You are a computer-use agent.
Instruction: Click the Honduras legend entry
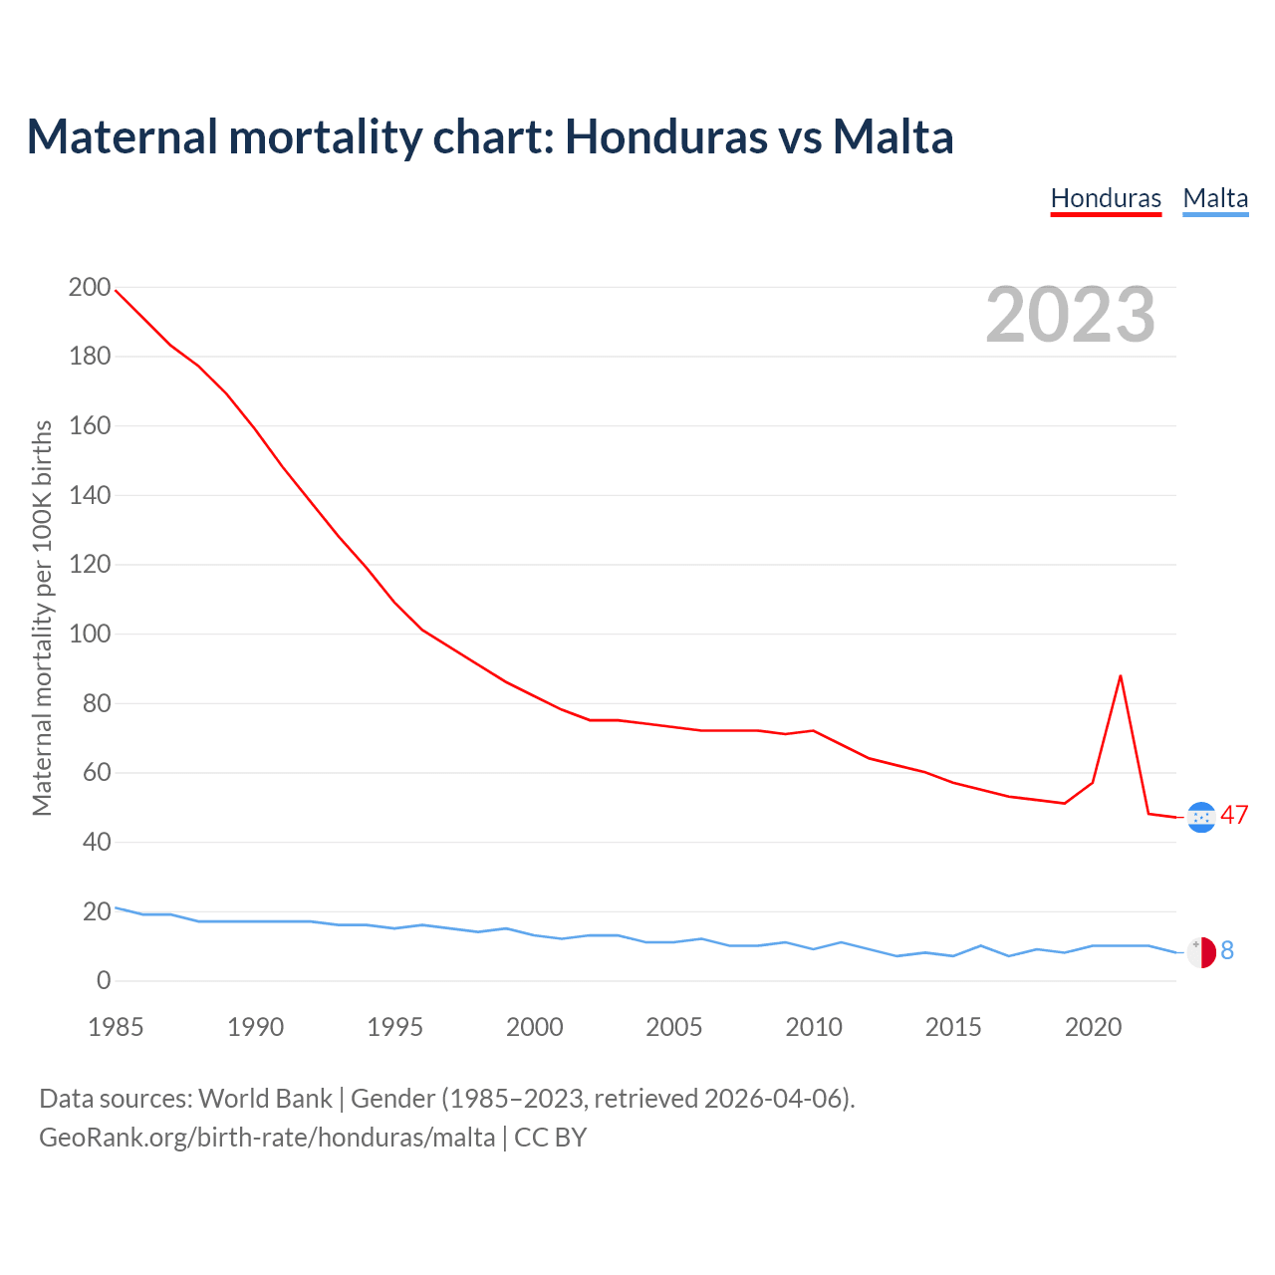click(1106, 198)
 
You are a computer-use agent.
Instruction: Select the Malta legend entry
click(1215, 198)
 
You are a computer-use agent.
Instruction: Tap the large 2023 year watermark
click(1070, 315)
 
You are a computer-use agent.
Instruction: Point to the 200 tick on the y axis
click(90, 288)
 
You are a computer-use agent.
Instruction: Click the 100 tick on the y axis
click(90, 635)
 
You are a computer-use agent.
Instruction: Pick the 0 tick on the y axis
click(104, 981)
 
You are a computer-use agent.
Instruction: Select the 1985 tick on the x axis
click(116, 1027)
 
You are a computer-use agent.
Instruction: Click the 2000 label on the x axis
click(535, 1027)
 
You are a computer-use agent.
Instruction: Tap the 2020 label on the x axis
click(1094, 1027)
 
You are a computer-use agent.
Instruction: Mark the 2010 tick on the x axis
click(814, 1027)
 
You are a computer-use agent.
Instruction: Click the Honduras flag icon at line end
click(1201, 817)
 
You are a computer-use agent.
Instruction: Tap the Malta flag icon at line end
click(1201, 952)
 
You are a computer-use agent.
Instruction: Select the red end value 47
click(1234, 815)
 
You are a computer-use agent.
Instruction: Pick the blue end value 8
click(1227, 951)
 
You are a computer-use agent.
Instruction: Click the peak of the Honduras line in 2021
click(1121, 676)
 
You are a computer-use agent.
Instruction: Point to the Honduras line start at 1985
click(117, 290)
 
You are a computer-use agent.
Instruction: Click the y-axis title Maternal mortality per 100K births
click(42, 618)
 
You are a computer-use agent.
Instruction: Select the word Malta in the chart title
click(892, 137)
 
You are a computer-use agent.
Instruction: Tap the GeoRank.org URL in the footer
click(267, 1138)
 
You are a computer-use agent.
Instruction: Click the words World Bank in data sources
click(265, 1099)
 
